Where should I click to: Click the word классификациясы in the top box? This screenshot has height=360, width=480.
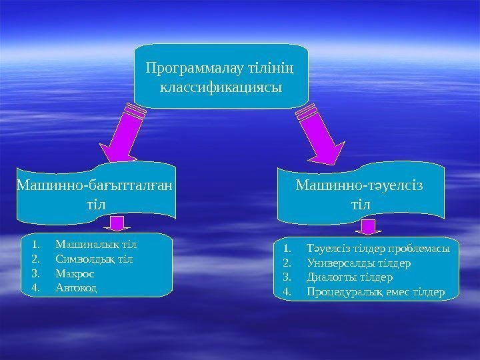(x=221, y=87)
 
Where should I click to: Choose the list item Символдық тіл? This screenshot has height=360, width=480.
(x=94, y=259)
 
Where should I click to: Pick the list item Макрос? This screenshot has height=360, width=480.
(x=75, y=273)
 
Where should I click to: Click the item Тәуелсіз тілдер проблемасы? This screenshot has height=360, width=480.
(x=378, y=249)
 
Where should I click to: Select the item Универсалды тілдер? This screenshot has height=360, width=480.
(x=359, y=263)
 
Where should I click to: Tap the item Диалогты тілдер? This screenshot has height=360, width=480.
(x=350, y=277)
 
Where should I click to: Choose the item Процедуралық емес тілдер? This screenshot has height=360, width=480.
(x=375, y=292)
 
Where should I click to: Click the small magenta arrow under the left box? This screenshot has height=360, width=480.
(x=118, y=223)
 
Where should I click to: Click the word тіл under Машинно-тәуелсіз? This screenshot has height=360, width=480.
(x=360, y=203)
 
